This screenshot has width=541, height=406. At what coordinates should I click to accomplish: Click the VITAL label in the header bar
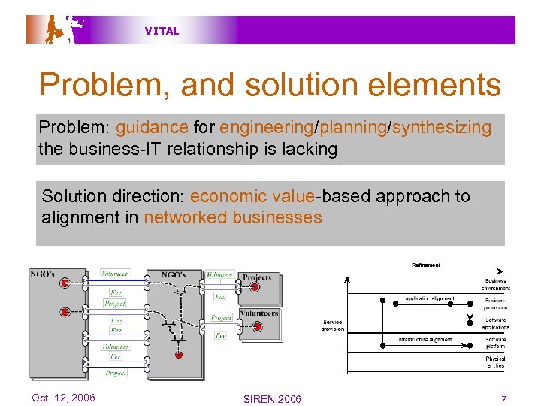(162, 31)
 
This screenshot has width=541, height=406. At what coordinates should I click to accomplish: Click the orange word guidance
(153, 127)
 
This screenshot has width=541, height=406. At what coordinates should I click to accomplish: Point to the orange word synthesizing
(442, 127)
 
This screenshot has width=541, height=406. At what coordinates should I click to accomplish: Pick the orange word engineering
(267, 127)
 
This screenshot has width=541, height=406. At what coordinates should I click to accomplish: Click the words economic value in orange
(252, 196)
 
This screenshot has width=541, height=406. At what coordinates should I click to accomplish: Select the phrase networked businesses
(233, 218)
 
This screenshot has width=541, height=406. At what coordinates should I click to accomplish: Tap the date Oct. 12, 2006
(64, 398)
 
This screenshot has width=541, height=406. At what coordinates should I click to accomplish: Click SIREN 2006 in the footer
(272, 398)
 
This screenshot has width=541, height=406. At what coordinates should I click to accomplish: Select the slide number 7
(503, 398)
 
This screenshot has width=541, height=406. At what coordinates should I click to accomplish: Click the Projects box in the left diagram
(257, 277)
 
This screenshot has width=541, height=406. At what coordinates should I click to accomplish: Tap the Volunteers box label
(259, 313)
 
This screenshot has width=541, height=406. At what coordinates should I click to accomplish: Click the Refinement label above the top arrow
(426, 265)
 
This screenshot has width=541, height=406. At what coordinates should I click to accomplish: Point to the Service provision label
(333, 325)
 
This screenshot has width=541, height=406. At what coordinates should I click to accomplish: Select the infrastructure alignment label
(425, 339)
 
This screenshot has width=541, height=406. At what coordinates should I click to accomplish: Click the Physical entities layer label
(495, 362)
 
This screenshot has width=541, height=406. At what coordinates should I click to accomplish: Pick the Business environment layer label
(495, 284)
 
